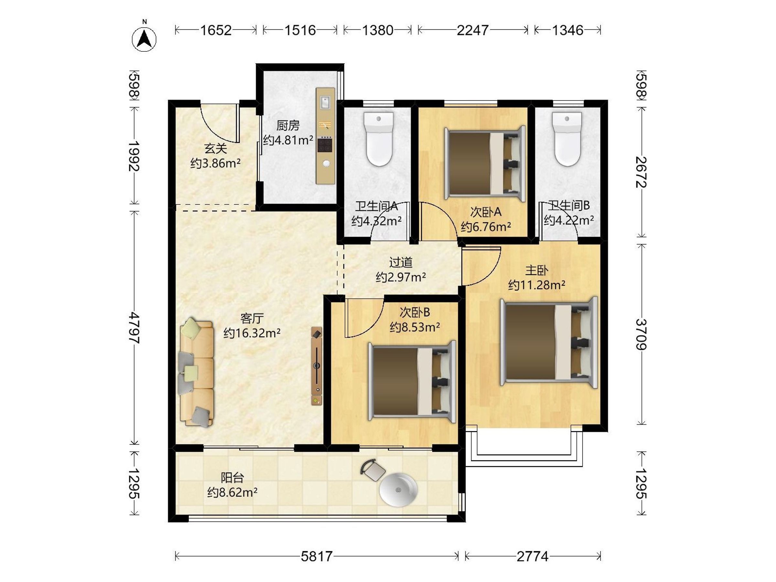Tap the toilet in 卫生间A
tap(378, 139)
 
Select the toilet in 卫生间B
tap(566, 139)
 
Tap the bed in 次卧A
tap(485, 164)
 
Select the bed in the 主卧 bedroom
tap(549, 342)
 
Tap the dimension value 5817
tap(317, 556)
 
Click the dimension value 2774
tap(533, 556)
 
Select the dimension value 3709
tap(641, 334)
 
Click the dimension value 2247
tap(472, 30)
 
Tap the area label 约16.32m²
tap(252, 333)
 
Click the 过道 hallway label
tap(401, 262)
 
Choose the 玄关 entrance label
tap(215, 148)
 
